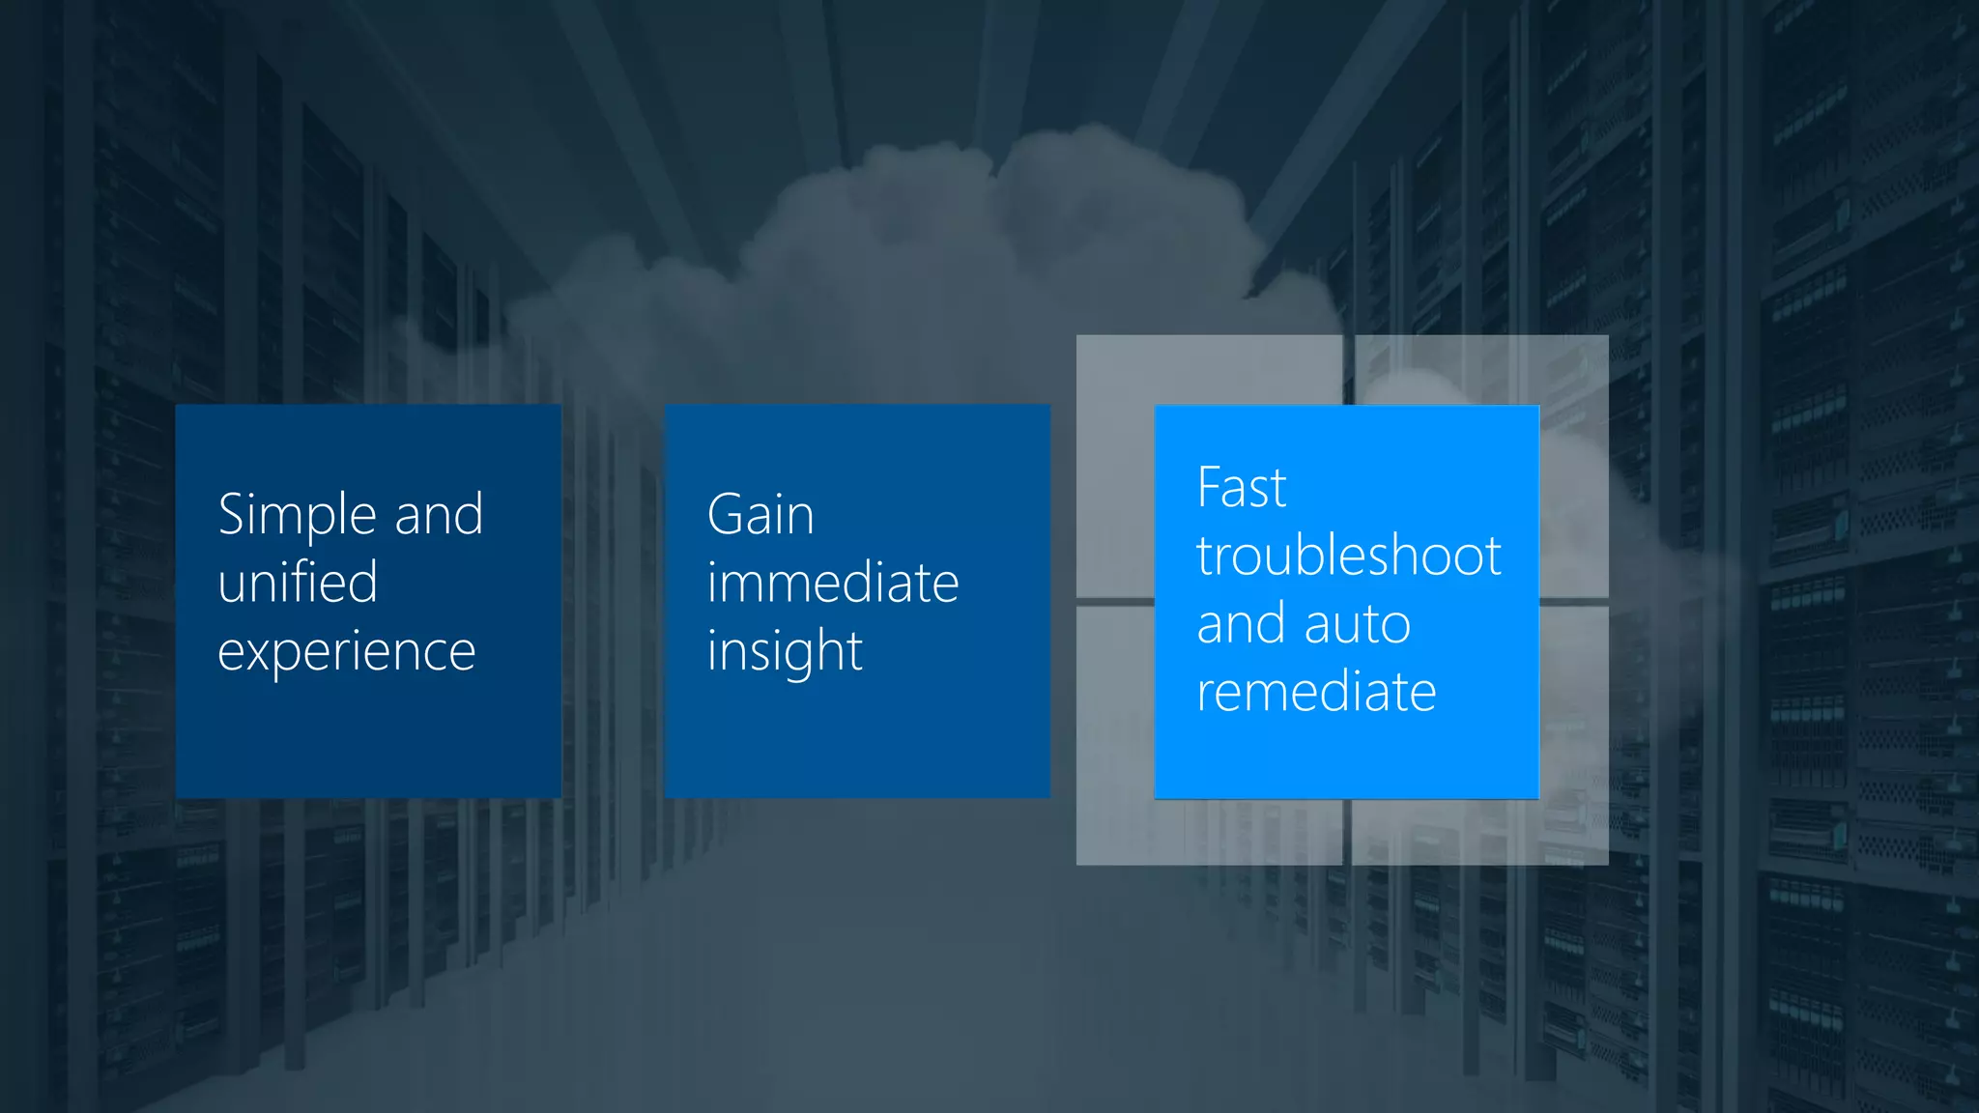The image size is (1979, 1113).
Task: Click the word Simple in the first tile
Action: pyautogui.click(x=296, y=515)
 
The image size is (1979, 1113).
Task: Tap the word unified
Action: pyautogui.click(x=298, y=583)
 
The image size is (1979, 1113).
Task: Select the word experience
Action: pyautogui.click(x=346, y=652)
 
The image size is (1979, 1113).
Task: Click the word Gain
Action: pyautogui.click(x=760, y=514)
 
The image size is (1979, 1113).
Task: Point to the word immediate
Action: pyautogui.click(x=832, y=583)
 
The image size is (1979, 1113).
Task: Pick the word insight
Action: pyautogui.click(x=784, y=652)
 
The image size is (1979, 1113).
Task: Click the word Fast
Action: pyautogui.click(x=1241, y=487)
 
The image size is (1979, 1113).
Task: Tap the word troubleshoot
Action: pyautogui.click(x=1348, y=556)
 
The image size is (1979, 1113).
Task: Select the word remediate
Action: pyautogui.click(x=1316, y=692)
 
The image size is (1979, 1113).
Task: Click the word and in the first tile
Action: pyautogui.click(x=439, y=515)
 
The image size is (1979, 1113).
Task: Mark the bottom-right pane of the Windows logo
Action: pyautogui.click(x=1575, y=734)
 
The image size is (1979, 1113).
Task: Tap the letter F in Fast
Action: pyautogui.click(x=1209, y=487)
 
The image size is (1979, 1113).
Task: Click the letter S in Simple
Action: pyautogui.click(x=233, y=514)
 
